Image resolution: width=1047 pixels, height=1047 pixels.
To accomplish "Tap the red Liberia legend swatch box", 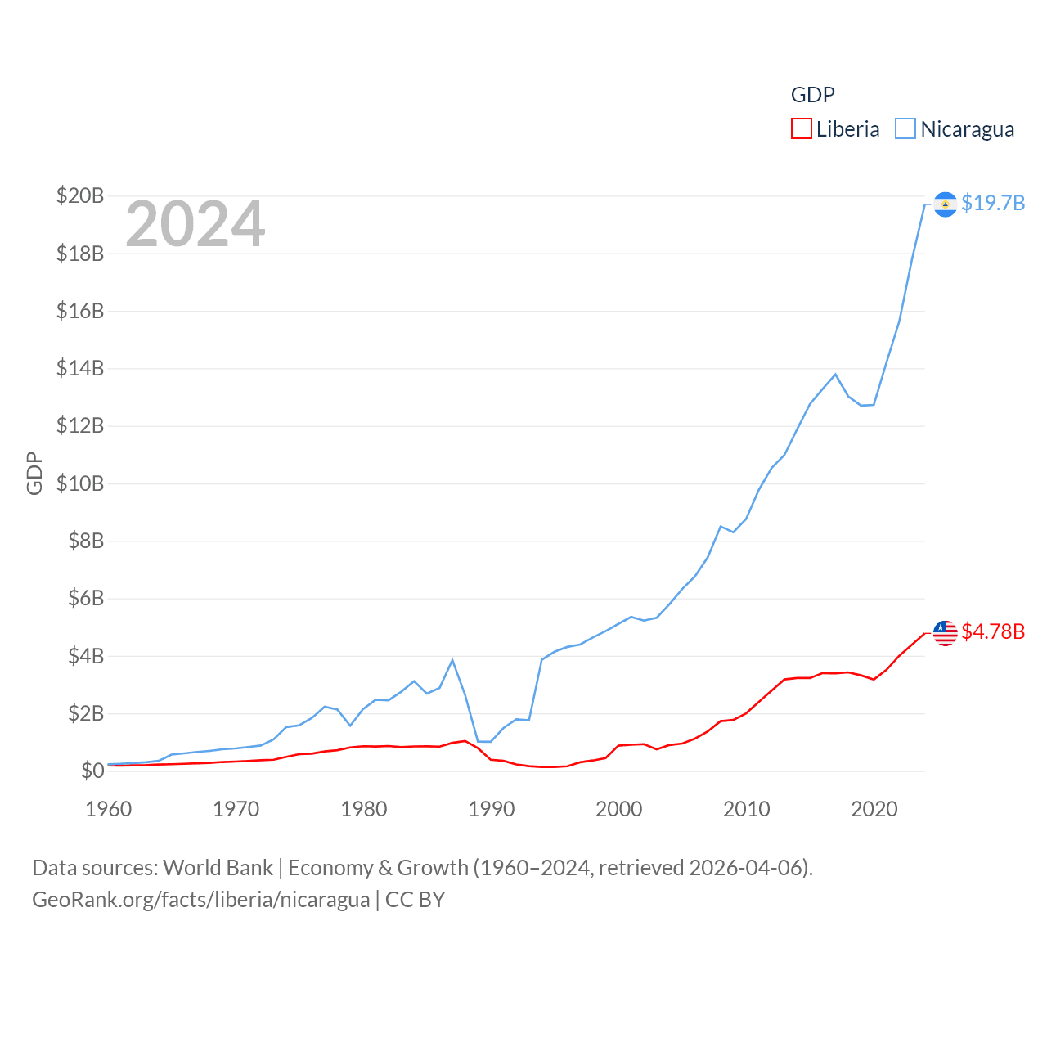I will coord(802,129).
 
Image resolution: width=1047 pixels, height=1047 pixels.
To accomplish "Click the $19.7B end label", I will coord(993,203).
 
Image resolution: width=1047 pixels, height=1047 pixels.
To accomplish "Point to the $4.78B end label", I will coord(993,631).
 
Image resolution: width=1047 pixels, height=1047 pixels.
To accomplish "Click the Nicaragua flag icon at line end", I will coord(946,204).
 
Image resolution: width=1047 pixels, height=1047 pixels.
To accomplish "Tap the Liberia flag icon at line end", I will coord(946,632).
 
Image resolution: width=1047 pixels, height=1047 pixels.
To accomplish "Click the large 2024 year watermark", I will coord(195,224).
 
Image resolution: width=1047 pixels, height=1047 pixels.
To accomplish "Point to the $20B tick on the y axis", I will coord(80,195).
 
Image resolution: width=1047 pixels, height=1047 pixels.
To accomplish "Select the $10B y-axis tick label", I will coord(80,483).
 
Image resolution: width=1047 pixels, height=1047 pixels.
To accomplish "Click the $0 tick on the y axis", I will coord(92,771).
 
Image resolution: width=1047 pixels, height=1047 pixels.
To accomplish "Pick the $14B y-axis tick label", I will coord(80,368).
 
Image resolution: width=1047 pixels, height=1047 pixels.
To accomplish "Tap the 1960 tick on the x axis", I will coord(109,809).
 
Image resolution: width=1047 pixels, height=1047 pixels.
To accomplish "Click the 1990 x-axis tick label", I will coord(492,809).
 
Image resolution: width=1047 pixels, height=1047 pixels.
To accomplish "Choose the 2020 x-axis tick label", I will coord(874,809).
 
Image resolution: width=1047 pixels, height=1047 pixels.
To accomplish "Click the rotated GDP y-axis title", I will coord(34,473).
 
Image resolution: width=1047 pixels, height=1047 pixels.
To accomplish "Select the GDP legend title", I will coord(812,95).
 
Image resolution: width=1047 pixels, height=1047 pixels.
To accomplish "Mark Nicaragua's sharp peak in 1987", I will coord(452,660).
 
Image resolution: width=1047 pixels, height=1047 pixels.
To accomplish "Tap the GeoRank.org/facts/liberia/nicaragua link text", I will coord(201,900).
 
